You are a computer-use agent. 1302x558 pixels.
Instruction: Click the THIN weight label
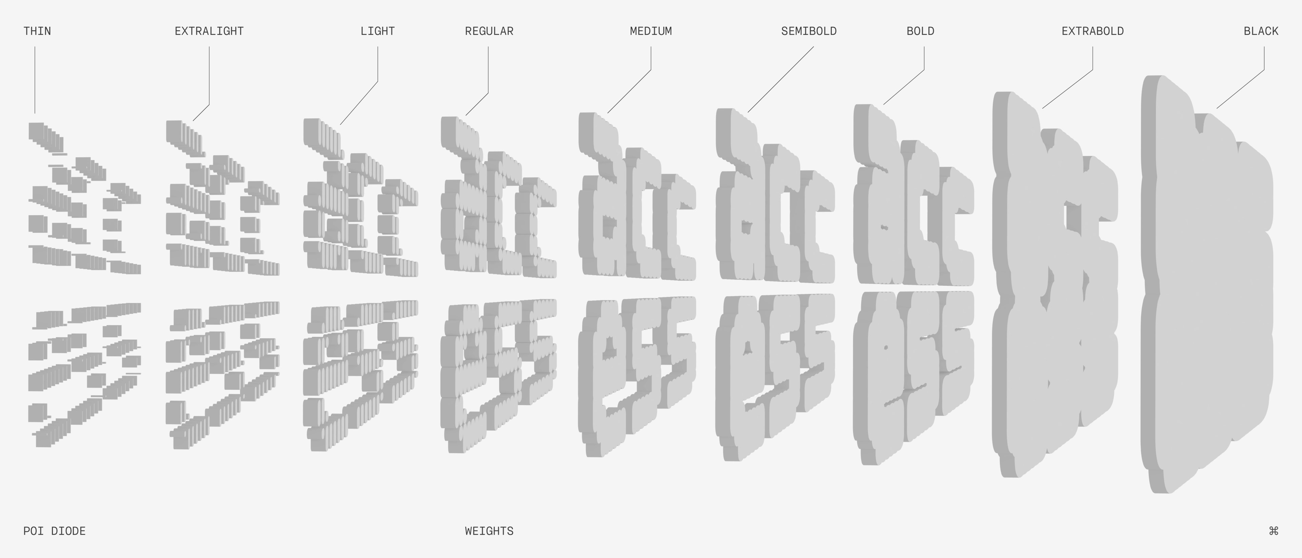coord(37,31)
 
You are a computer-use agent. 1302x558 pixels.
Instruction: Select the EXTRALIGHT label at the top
coord(209,31)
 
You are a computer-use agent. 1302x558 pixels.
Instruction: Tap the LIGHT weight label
coord(378,31)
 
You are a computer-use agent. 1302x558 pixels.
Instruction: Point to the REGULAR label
coord(489,31)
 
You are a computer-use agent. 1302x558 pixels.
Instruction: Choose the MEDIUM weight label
coord(651,31)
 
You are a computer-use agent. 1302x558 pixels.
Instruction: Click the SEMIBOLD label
coord(809,31)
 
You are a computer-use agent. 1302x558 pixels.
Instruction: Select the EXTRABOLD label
coord(1092,31)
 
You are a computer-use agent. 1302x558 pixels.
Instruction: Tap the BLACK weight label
coord(1261,31)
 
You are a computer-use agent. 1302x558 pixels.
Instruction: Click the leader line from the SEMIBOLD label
coord(781,79)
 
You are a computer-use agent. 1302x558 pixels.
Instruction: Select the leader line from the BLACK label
coord(1241,89)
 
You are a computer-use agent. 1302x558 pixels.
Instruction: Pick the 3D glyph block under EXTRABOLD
coord(1057,283)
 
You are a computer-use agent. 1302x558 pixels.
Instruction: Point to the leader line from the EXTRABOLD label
coord(1067,89)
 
